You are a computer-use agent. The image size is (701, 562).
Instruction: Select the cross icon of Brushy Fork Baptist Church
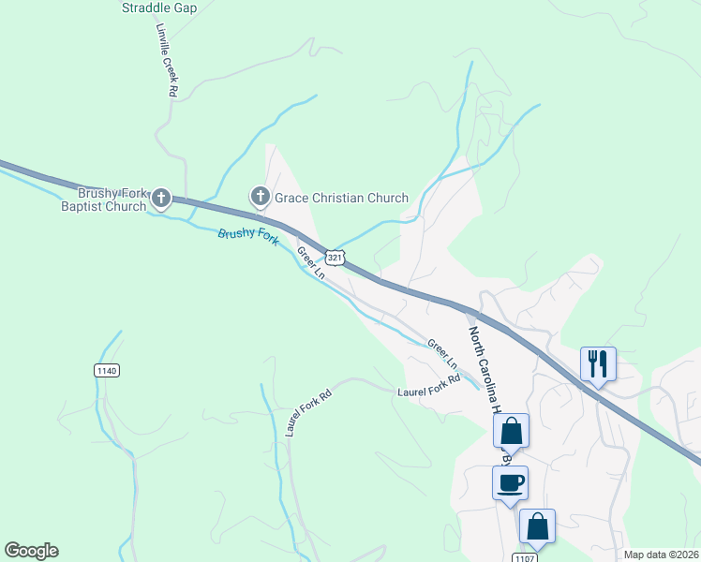161,198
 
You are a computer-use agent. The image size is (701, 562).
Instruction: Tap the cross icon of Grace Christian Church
260,198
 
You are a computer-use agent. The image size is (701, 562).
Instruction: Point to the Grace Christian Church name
341,198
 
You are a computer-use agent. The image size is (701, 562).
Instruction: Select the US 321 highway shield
336,257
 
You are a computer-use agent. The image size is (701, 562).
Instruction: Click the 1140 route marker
107,371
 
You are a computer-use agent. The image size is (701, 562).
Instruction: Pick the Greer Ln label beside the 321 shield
311,263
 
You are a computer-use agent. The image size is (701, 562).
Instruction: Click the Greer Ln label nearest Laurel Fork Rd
443,353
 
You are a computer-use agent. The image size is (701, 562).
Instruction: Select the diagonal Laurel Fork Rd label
308,413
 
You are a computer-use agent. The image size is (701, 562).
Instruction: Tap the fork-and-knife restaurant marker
598,362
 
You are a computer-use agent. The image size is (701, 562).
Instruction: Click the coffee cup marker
511,483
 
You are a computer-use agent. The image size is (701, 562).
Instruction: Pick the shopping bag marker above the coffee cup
512,432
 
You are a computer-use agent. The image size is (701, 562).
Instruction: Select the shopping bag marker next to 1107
538,526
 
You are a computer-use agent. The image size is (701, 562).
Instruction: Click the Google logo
31,551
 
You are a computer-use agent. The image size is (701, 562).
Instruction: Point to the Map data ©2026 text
662,555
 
